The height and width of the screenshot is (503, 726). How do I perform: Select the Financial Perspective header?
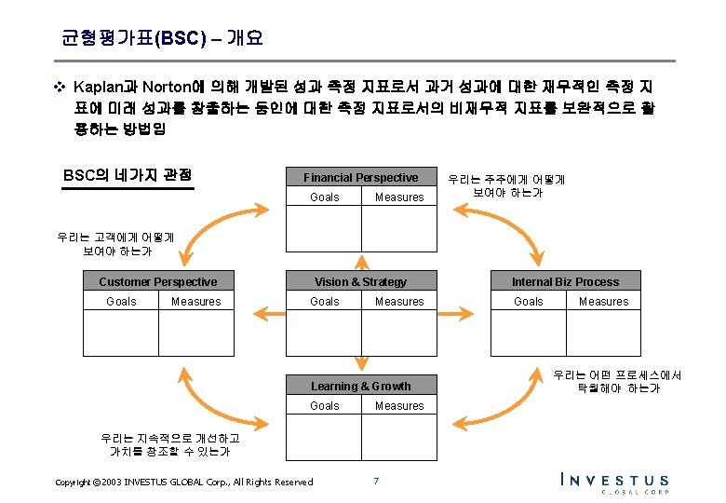(360, 177)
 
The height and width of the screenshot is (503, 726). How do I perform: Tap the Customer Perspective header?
(157, 281)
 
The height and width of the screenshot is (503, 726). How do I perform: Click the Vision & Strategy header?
(360, 281)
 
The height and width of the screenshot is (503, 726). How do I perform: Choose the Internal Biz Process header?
(565, 281)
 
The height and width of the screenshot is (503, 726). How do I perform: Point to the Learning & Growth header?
(360, 386)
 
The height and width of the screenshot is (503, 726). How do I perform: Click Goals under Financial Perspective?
(325, 197)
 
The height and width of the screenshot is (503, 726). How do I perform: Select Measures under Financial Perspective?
(399, 197)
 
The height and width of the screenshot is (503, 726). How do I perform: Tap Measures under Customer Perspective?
(196, 302)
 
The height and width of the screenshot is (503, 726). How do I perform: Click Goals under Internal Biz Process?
(529, 302)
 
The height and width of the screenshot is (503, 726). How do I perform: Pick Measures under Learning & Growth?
(399, 406)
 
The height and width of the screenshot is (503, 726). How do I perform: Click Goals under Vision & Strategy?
(325, 302)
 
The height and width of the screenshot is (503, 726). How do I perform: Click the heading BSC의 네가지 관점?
(128, 174)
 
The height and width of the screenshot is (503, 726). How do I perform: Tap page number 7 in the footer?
(375, 481)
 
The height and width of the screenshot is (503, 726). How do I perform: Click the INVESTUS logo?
(614, 482)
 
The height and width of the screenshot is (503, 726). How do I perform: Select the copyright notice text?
(183, 482)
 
